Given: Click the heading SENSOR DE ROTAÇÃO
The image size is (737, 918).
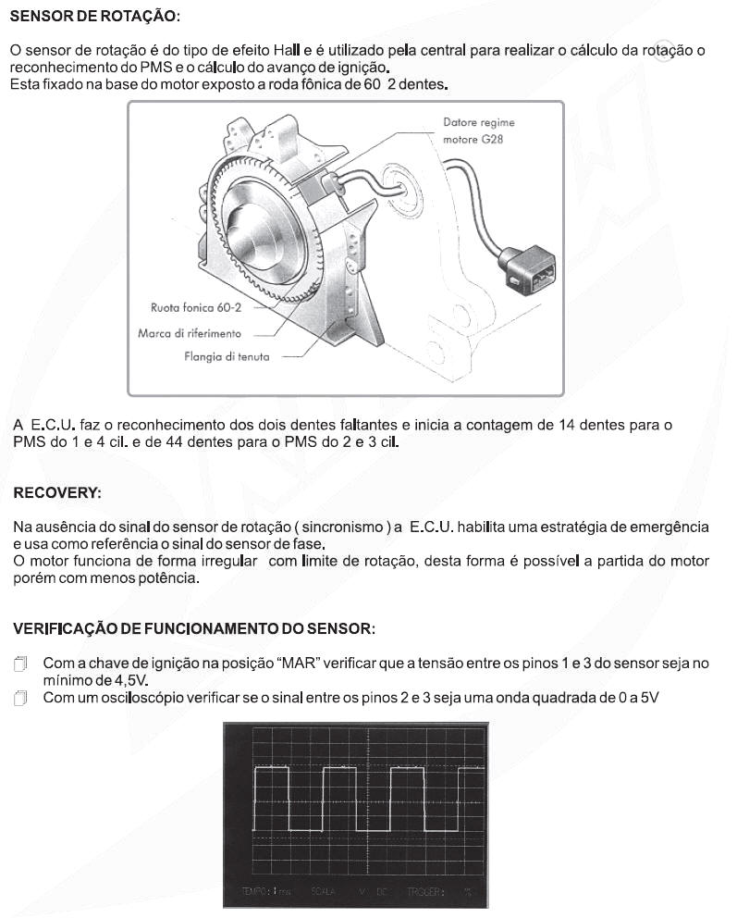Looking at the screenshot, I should [x=95, y=18].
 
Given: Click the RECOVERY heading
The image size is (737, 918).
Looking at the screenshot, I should [x=56, y=492].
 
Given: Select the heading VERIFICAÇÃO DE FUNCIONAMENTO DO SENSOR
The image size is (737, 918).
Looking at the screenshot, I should [x=194, y=628].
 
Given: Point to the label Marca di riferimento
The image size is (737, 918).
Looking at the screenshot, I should [x=190, y=333].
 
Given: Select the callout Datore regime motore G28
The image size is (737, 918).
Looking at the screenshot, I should [x=479, y=130].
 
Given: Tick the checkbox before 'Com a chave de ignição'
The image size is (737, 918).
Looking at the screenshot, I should [x=22, y=664].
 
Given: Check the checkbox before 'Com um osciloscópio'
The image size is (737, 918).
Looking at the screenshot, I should [x=22, y=698].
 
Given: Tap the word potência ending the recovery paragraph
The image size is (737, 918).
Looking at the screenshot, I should [x=166, y=578].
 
